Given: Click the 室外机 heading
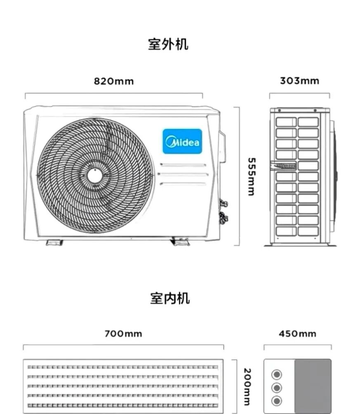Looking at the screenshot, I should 168,44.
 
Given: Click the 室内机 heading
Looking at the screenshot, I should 170,298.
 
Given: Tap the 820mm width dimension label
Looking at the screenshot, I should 114,81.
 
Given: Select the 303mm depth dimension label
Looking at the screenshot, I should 299,81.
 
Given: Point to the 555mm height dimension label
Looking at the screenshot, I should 251,176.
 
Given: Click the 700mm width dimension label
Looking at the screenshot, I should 123,334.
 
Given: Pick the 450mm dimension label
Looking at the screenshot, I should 297,334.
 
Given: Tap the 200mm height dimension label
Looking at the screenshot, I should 247,387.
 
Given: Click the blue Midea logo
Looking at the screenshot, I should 182,141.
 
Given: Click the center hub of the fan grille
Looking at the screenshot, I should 94,176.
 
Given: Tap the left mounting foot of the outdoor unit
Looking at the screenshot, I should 54,243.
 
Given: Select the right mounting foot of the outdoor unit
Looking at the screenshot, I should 181,242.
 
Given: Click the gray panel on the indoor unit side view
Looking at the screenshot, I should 313,386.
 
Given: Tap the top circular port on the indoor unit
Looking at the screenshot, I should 277,374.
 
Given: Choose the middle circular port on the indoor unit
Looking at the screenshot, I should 277,388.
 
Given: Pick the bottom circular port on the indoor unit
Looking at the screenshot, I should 277,400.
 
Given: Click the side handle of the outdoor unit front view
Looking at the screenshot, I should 222,147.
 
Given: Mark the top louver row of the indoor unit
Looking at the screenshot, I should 122,367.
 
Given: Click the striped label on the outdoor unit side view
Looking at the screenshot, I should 283,166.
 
